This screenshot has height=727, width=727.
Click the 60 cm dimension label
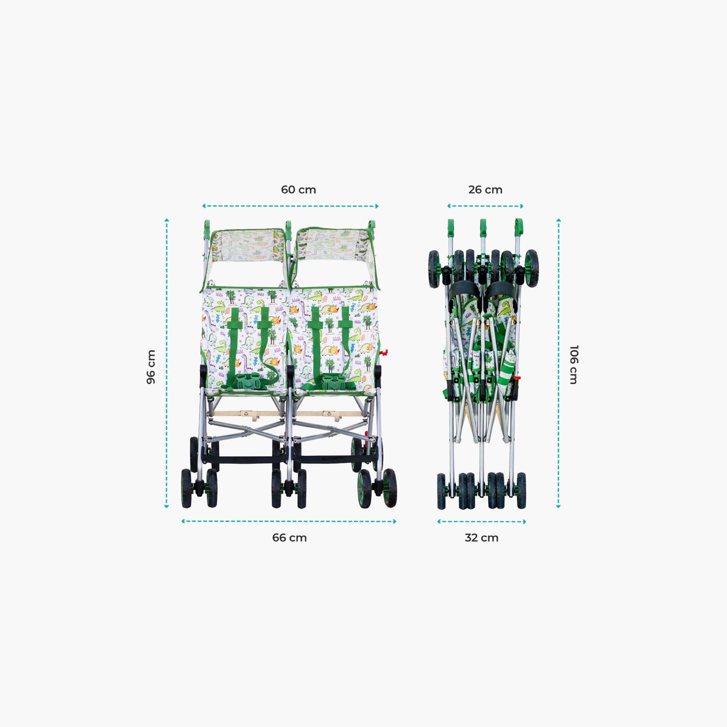298,190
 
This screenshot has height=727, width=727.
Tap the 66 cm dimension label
289,538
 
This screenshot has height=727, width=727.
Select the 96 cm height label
151,367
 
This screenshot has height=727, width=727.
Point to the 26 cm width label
485,190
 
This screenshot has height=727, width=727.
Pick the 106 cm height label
573,365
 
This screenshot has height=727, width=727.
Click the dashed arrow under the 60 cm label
290,206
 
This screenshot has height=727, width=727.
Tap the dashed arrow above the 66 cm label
289,521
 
